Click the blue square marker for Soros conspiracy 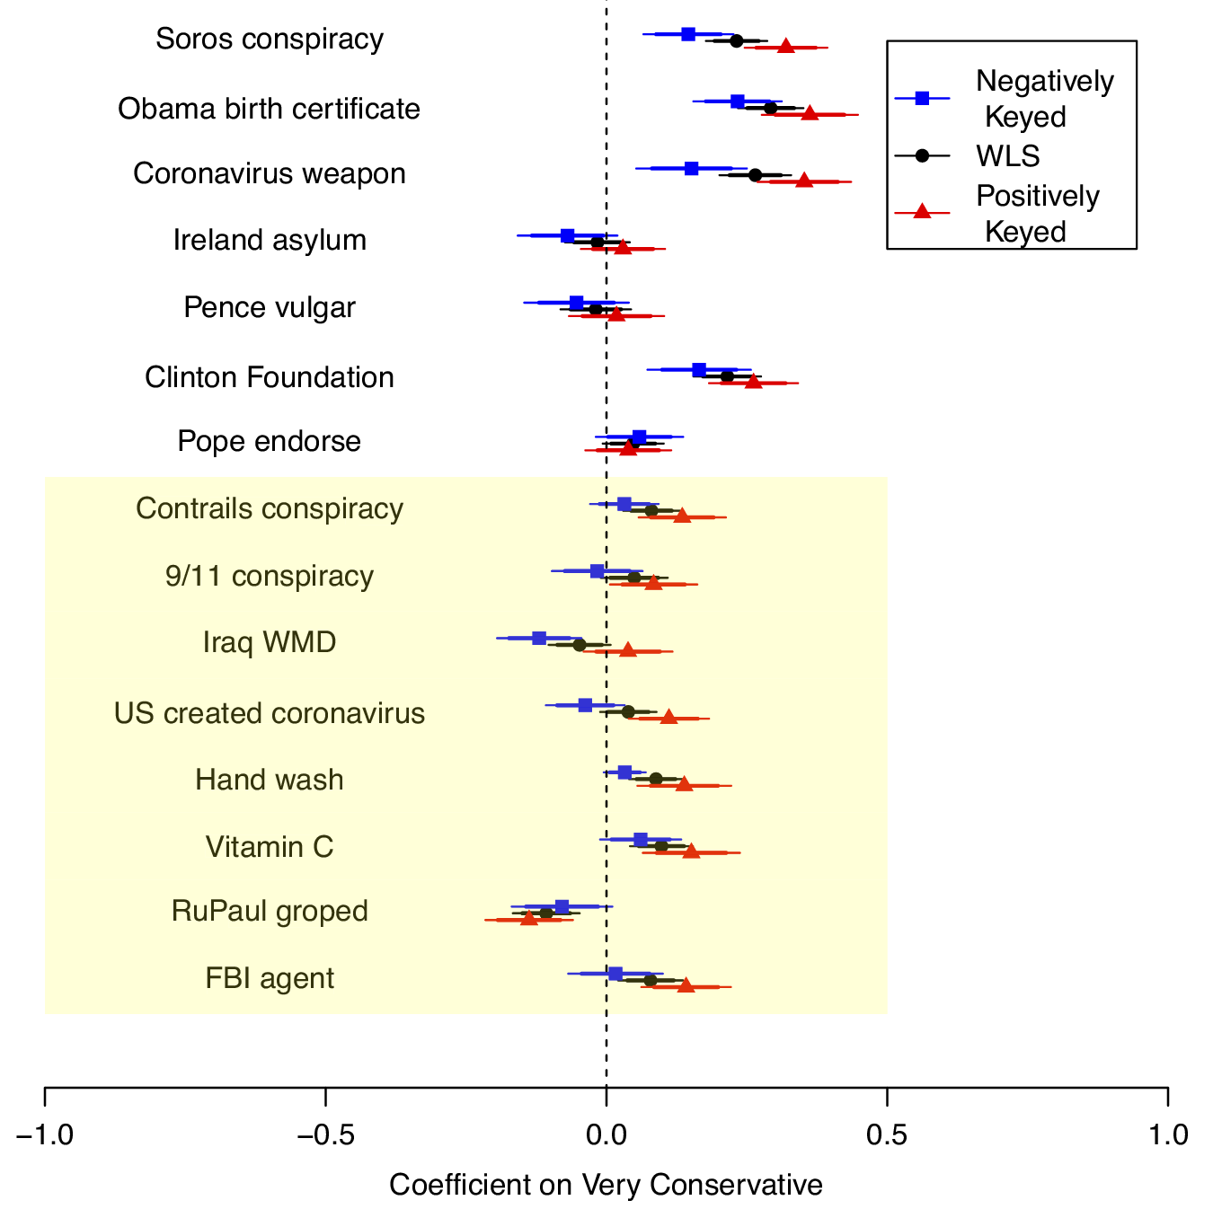[x=688, y=34]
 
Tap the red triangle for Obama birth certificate [x=810, y=113]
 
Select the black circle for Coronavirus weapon [x=755, y=174]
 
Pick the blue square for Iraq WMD [x=539, y=638]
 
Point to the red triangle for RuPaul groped [x=529, y=918]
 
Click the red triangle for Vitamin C [x=691, y=851]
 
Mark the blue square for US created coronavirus [x=585, y=705]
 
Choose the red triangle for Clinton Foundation [x=753, y=382]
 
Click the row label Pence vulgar [x=270, y=308]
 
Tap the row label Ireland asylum [x=270, y=241]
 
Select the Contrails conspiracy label [x=270, y=508]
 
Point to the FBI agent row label [x=270, y=978]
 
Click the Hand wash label [x=270, y=780]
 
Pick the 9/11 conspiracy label [x=270, y=576]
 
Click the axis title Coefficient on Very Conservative [x=606, y=1186]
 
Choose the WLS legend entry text [x=1008, y=156]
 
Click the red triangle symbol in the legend [x=921, y=211]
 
